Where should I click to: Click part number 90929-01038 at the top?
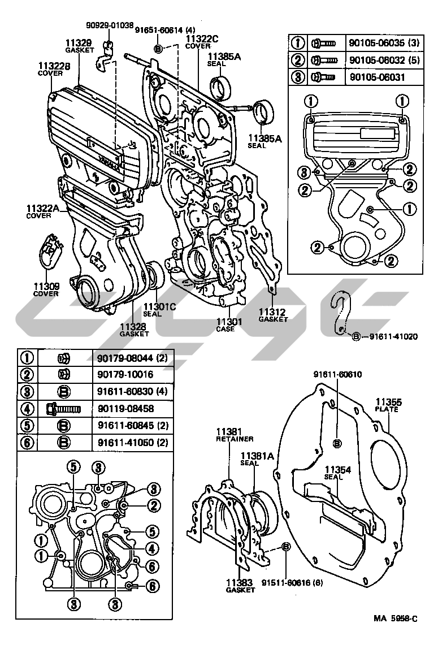pyautogui.click(x=110, y=25)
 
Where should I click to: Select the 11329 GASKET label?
pyautogui.click(x=78, y=46)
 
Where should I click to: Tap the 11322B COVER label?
pyautogui.click(x=54, y=69)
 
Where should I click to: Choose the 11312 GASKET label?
pyautogui.click(x=273, y=315)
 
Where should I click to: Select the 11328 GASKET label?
pyautogui.click(x=134, y=330)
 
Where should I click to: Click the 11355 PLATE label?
pyautogui.click(x=389, y=405)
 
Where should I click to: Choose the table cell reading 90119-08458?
pyautogui.click(x=124, y=408)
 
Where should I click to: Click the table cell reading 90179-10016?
pyautogui.click(x=124, y=374)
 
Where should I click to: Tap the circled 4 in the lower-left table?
pyautogui.click(x=27, y=408)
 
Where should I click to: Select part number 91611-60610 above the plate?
pyautogui.click(x=337, y=374)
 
